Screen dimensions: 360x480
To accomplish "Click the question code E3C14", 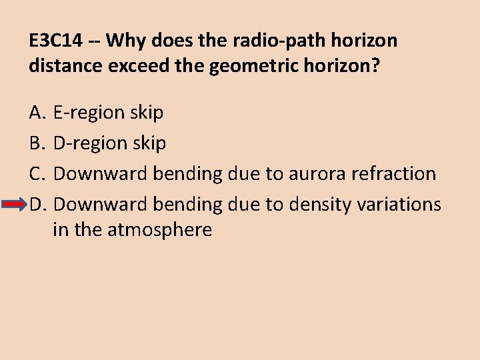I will click(56, 41).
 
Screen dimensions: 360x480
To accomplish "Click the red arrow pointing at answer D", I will click(15, 204).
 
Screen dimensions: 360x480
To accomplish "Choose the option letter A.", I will click(37, 113).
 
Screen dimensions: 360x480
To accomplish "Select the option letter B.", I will click(37, 143).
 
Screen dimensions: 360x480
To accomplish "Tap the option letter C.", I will click(37, 174).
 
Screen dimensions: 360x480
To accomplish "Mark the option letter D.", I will click(37, 204).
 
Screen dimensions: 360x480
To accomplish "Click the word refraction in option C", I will click(395, 174).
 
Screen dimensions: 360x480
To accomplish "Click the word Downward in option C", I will click(100, 174).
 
